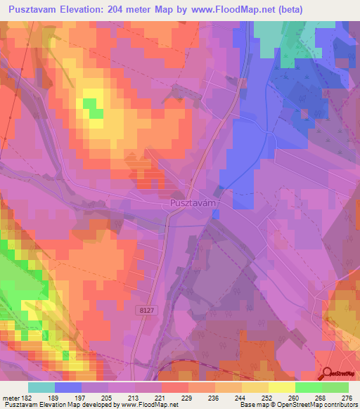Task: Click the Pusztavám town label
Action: [x=191, y=202]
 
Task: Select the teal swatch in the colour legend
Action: [x=41, y=387]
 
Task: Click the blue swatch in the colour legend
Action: [x=68, y=387]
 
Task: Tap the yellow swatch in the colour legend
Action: [x=281, y=387]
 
